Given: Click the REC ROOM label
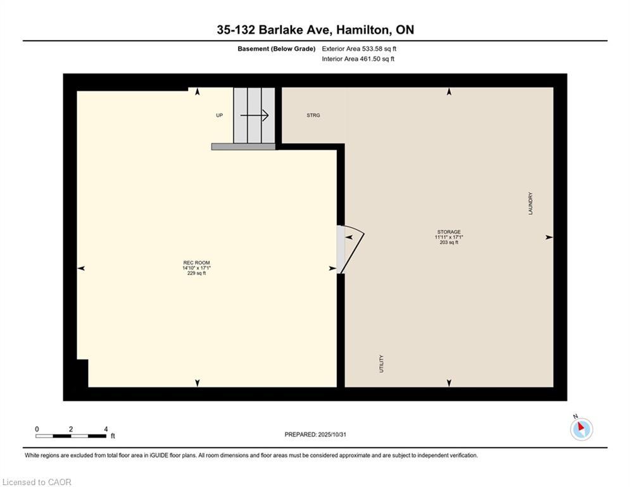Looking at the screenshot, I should pyautogui.click(x=196, y=263).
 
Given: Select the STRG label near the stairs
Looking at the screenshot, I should pyautogui.click(x=313, y=115).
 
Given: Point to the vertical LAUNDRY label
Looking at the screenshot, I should pyautogui.click(x=531, y=204).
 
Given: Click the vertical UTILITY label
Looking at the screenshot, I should pyautogui.click(x=381, y=363).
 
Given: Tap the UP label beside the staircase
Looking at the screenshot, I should pyautogui.click(x=219, y=115).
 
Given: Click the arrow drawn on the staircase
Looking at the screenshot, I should pyautogui.click(x=255, y=115).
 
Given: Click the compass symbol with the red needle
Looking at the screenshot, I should pyautogui.click(x=581, y=429).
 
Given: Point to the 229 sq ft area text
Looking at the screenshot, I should pyautogui.click(x=196, y=273).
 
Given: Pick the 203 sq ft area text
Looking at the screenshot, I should pyautogui.click(x=448, y=242).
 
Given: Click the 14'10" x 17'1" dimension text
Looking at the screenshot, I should pyautogui.click(x=196, y=268).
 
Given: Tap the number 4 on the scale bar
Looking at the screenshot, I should pyautogui.click(x=106, y=429).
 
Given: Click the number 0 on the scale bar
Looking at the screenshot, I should pyautogui.click(x=37, y=429).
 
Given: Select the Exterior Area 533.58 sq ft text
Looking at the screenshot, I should pyautogui.click(x=359, y=49).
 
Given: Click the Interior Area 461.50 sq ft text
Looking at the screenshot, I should pyautogui.click(x=358, y=59).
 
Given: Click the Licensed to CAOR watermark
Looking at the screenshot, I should pyautogui.click(x=37, y=482).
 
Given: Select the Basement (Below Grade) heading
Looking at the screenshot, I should pyautogui.click(x=276, y=49).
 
